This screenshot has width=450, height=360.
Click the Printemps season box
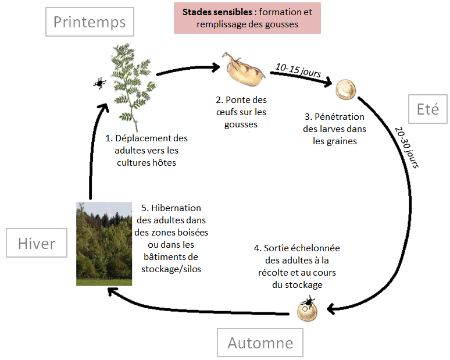coord(90,22)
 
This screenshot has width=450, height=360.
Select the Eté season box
coord(427,109)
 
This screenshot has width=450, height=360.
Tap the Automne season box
coord(260,343)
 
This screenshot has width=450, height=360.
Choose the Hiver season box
coord(37,243)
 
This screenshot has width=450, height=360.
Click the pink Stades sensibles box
coord(247,18)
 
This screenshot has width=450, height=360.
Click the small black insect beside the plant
coord(99,83)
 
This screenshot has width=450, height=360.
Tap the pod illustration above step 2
coord(243,69)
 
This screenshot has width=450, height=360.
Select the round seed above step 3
coord(346,90)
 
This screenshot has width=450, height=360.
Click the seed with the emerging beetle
coord(308,309)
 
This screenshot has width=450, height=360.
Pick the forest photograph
coord(104,244)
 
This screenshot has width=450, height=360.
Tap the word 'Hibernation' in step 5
coord(176,208)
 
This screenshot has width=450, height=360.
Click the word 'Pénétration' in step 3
coord(339,116)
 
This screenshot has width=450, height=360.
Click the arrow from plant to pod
coord(188,69)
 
